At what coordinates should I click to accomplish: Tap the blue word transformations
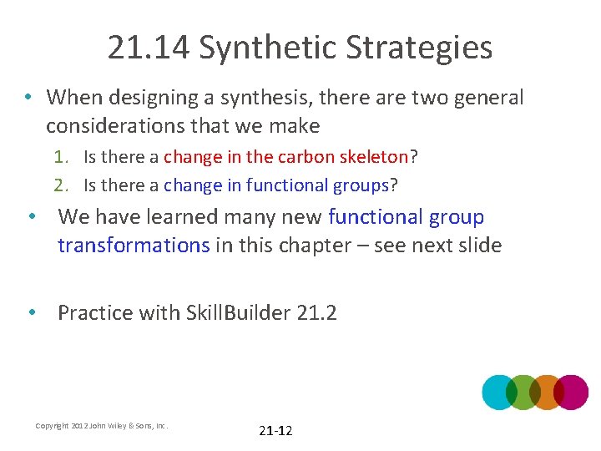click(134, 245)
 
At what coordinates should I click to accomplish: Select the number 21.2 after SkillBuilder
click(316, 313)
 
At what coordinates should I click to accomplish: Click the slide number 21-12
click(275, 431)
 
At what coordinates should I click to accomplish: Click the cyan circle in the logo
click(499, 392)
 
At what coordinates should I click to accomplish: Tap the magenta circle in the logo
click(572, 392)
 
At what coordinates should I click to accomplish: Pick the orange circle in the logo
click(548, 392)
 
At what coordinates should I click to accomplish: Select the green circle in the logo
click(523, 392)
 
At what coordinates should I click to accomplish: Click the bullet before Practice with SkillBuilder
click(31, 312)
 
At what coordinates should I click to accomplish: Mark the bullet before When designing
click(28, 97)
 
